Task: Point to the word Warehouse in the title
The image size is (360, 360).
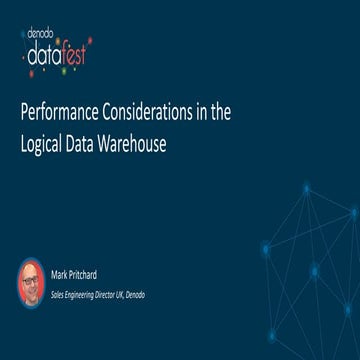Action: (x=132, y=142)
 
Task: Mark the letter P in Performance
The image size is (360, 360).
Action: (x=25, y=113)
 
